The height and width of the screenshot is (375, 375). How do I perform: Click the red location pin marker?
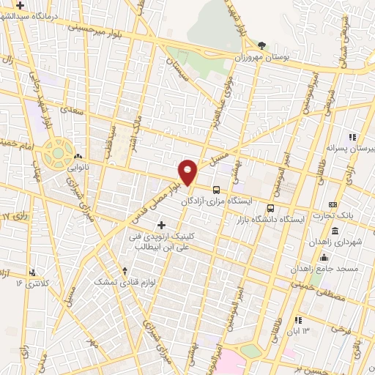coord(188,172)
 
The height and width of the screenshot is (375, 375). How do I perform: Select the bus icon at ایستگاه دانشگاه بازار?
coord(271,207)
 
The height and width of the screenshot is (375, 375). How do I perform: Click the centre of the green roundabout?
coord(56,154)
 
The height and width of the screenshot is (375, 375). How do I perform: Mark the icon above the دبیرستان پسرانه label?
coord(352,136)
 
